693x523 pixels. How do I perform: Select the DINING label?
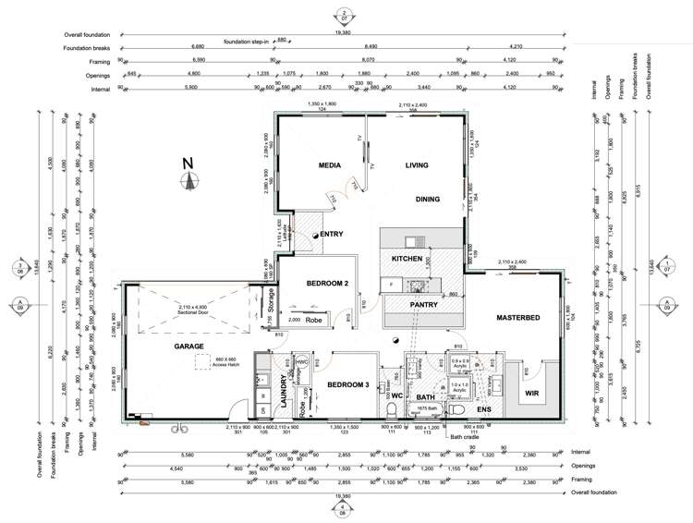(x=428, y=199)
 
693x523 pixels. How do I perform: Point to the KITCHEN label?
(x=407, y=259)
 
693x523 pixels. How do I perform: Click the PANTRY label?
(x=423, y=306)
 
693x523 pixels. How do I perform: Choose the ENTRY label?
(x=332, y=235)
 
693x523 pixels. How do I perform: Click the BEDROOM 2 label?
(x=326, y=284)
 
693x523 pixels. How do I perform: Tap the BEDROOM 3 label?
(x=344, y=383)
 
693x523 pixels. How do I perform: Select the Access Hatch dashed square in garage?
(x=204, y=363)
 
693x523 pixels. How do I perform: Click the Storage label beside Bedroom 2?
(x=270, y=300)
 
